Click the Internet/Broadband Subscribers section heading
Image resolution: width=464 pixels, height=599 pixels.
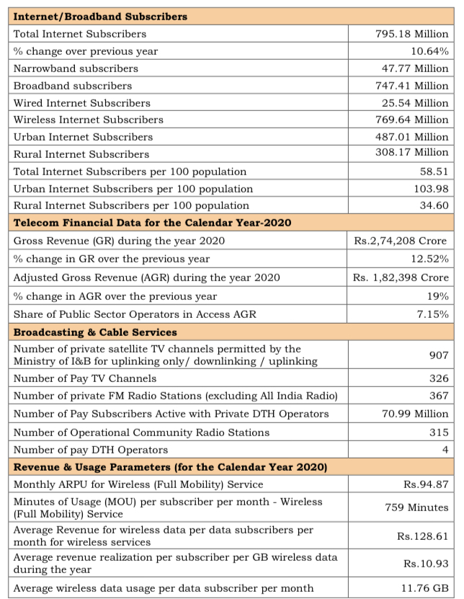[100, 16]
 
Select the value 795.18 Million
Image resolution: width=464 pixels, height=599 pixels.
[411, 34]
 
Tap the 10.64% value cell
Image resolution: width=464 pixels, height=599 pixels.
[429, 51]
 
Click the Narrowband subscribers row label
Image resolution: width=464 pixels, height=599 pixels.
[76, 68]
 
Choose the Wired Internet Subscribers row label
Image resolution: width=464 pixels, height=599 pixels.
[82, 103]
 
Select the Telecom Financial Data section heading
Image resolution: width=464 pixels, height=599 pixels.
[152, 223]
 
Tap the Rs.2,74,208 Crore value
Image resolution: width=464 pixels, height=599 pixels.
[401, 241]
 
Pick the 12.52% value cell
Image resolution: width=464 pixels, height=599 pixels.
[429, 259]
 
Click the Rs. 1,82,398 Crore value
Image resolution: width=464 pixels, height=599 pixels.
[401, 278]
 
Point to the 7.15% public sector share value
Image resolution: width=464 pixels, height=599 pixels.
[432, 314]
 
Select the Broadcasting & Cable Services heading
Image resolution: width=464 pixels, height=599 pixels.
[95, 332]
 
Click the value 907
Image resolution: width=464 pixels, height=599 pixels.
[437, 355]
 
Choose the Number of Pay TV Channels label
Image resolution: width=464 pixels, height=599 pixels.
[85, 378]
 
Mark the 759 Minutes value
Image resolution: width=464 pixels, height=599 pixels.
[418, 507]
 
